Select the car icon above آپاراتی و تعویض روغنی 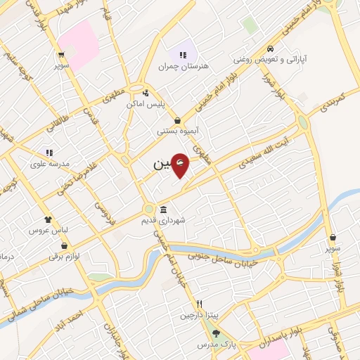click(271, 49)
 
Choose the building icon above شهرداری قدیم click(163, 210)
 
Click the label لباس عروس click(47, 230)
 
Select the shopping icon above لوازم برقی click(65, 245)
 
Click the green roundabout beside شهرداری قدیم click(148, 209)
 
